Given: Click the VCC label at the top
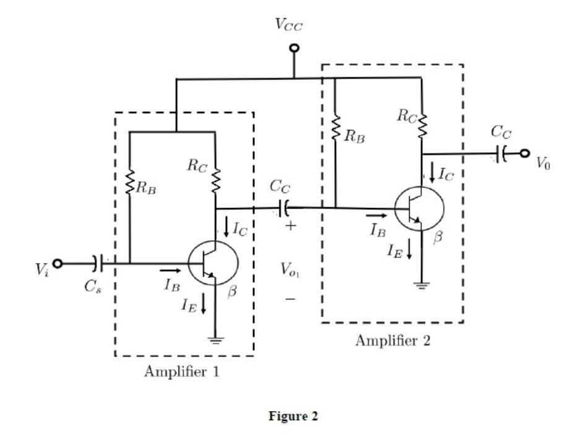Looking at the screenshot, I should tap(289, 24).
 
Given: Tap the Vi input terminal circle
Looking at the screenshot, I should tap(58, 263).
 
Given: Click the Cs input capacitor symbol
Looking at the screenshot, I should tap(96, 263).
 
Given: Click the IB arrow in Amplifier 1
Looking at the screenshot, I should tap(171, 270).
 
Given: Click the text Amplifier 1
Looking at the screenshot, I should tap(181, 372).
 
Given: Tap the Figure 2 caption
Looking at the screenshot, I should tap(293, 417).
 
